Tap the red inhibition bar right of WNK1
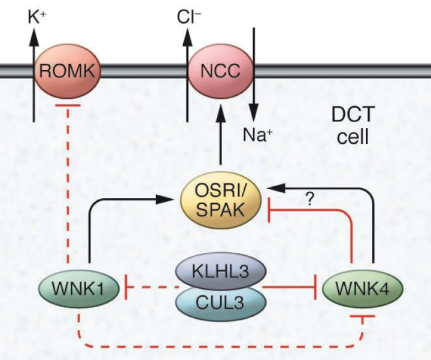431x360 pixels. tap(125, 288)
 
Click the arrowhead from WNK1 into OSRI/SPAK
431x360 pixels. tap(173, 199)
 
